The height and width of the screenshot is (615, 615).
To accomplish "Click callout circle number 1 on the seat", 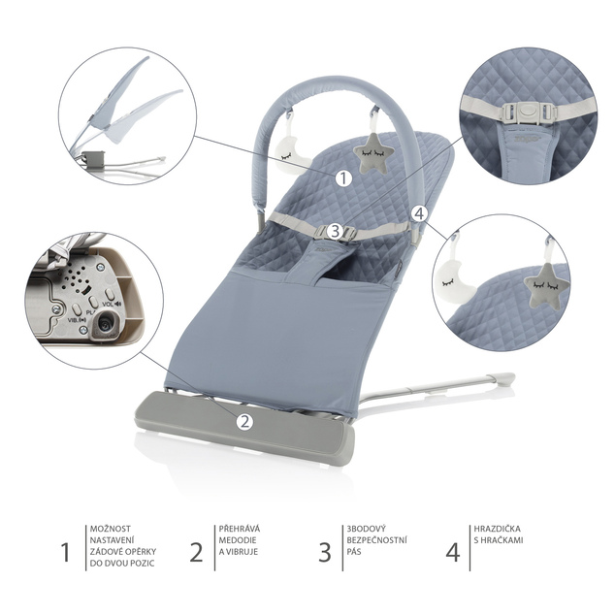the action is point(343,178).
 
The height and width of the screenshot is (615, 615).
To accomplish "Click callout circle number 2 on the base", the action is point(244,422).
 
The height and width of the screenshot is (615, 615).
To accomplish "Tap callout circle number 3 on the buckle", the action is point(335,231).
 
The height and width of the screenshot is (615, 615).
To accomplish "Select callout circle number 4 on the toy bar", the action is point(419,214).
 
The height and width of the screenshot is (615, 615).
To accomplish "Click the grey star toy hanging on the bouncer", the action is point(371,153).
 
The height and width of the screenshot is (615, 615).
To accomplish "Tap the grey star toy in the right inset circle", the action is point(546,285).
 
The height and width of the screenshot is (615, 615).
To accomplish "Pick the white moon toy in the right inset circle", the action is point(454,283).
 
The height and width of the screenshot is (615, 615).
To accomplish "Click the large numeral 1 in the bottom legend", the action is point(66,552).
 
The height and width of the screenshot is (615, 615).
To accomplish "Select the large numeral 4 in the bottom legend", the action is point(452,552).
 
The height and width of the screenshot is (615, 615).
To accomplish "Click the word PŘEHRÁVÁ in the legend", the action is point(240,529).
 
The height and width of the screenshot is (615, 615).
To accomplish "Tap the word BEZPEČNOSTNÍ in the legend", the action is point(376,540).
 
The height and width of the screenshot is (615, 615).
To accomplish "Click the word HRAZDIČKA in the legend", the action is point(497,529).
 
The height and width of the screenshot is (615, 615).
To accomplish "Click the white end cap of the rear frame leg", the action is point(506,379).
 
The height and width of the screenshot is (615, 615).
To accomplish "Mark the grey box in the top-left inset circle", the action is point(94,160).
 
